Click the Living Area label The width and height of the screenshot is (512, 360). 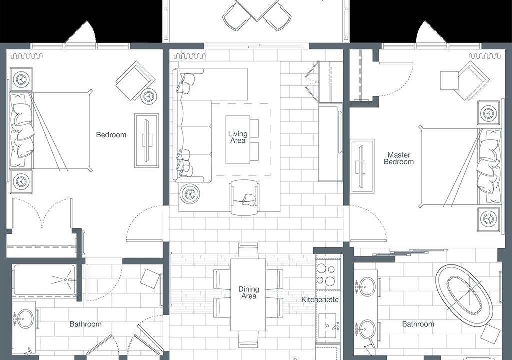click(238, 137)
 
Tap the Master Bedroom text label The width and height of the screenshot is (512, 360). click(399, 158)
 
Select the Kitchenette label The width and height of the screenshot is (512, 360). click(320, 299)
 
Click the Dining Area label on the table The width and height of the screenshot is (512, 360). click(249, 292)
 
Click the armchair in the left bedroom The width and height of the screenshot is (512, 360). click(135, 80)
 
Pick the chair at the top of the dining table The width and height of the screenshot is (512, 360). click(248, 250)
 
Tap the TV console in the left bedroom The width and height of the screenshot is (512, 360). click(147, 141)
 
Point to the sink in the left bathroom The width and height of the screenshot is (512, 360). click(25, 319)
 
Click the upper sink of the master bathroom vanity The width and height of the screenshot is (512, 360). click(367, 287)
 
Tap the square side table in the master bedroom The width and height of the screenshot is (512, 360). click(449, 80)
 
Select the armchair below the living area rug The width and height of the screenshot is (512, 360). click(245, 198)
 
